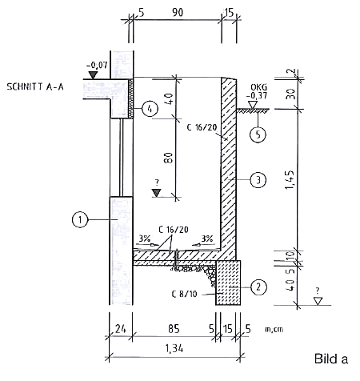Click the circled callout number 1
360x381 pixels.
(x=80, y=219)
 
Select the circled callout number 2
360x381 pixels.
(x=258, y=287)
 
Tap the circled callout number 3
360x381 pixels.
(x=258, y=180)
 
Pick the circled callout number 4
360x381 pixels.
(x=150, y=109)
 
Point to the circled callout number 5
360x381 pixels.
(x=258, y=134)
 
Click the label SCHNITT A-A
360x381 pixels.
(x=35, y=87)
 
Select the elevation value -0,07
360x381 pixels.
(x=97, y=65)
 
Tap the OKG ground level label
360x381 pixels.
(x=258, y=87)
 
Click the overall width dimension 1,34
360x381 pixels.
(x=174, y=348)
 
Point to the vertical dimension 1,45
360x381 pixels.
(x=290, y=180)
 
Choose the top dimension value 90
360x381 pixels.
(x=178, y=12)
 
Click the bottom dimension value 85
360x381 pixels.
(x=174, y=329)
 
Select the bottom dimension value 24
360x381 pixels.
(x=121, y=329)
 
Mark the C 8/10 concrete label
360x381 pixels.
(x=185, y=294)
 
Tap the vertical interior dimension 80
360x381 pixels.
(x=169, y=158)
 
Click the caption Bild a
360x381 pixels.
(x=331, y=359)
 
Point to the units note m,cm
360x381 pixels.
(x=274, y=329)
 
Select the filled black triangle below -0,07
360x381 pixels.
(x=93, y=75)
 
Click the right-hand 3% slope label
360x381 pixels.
(x=207, y=239)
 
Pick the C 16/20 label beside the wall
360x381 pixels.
(x=202, y=127)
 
